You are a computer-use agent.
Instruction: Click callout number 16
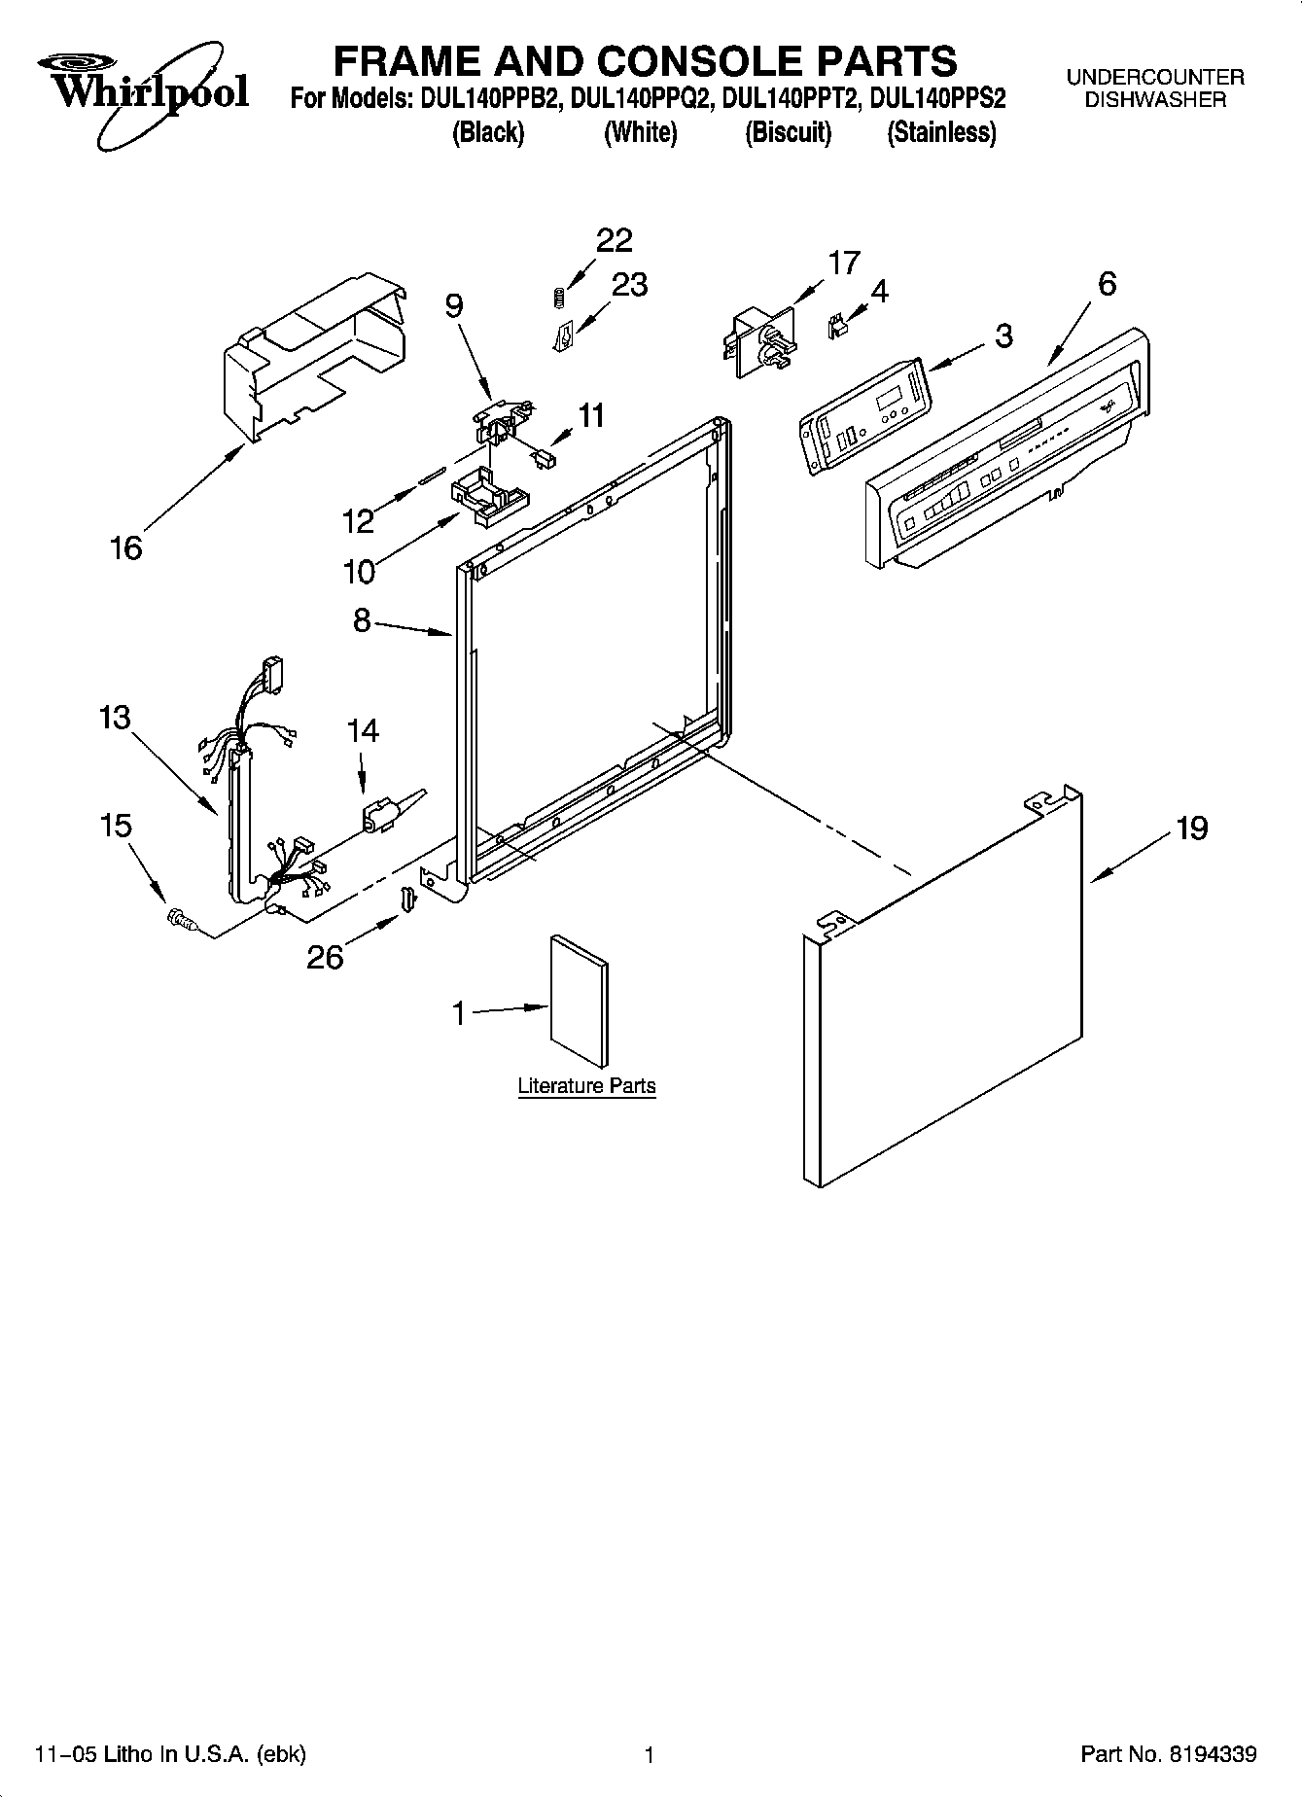click(x=126, y=548)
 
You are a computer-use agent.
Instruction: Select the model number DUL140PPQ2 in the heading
click(x=641, y=98)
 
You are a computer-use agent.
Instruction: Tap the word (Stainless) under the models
click(x=941, y=132)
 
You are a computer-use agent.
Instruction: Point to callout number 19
click(x=1191, y=828)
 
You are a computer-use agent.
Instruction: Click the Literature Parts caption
click(x=586, y=1086)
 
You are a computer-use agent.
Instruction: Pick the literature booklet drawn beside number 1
click(x=580, y=1002)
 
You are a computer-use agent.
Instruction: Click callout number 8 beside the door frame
click(x=362, y=619)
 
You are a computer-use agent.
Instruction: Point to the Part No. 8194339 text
click(x=1169, y=1754)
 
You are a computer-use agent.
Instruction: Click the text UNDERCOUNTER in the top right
click(x=1155, y=77)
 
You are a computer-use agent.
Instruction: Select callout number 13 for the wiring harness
click(x=114, y=718)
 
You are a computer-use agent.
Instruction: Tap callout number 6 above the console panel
click(x=1107, y=284)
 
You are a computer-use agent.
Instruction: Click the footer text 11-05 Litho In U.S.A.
click(x=170, y=1754)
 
